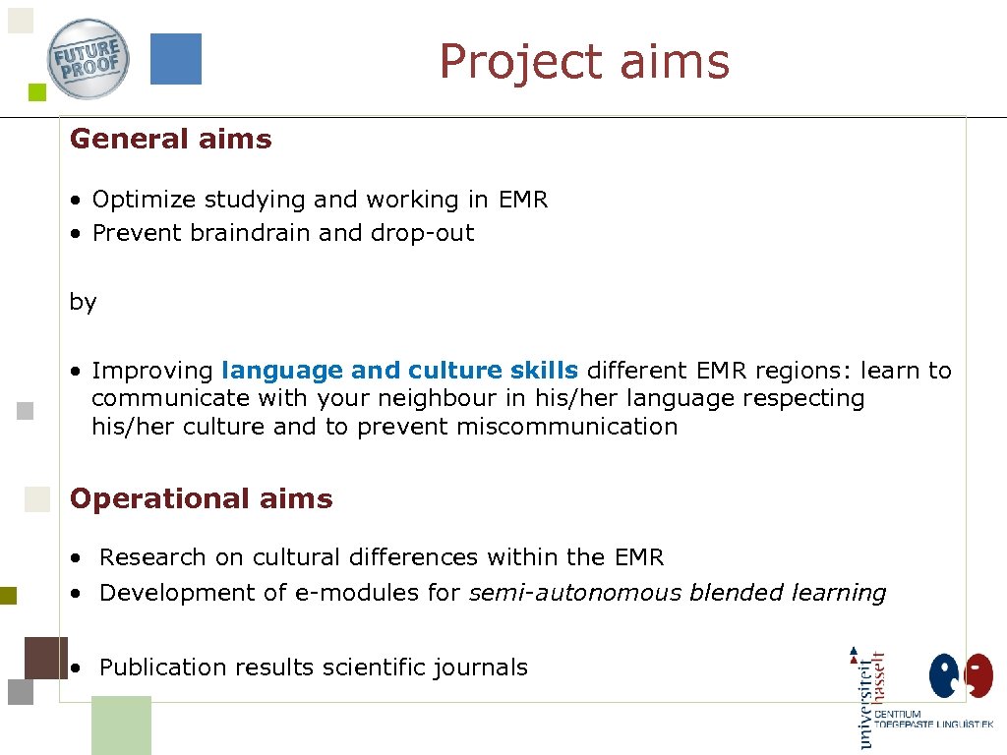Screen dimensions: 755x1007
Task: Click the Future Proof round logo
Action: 88,58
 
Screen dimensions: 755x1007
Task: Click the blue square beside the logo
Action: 176,59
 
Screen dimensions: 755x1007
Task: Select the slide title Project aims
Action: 584,61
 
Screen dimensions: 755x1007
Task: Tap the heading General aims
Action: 170,140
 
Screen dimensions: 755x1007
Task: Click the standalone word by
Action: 83,302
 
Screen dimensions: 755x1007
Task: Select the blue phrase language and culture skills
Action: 399,371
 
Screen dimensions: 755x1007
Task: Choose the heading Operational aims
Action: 201,499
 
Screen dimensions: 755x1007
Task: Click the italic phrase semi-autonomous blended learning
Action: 678,593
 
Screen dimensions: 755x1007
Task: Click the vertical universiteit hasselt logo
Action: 866,699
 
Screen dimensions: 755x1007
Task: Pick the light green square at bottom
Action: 121,726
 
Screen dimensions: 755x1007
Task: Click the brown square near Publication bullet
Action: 45,658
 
